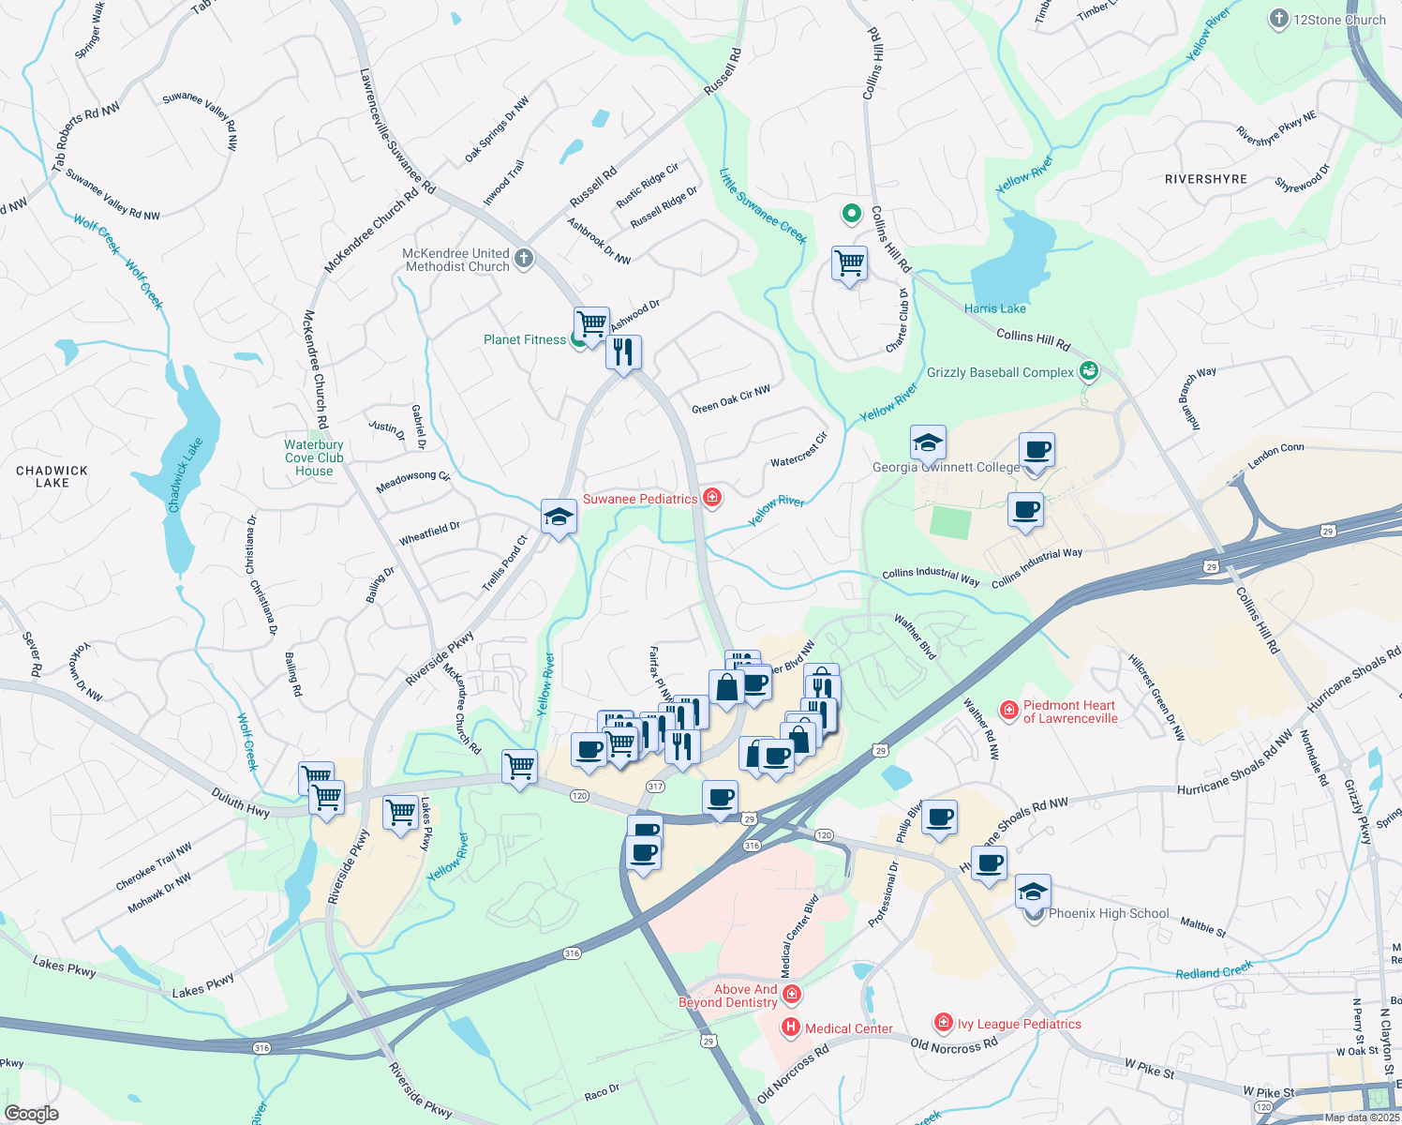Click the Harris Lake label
click(x=994, y=308)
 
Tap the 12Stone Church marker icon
click(x=1278, y=20)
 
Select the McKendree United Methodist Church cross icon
click(x=524, y=259)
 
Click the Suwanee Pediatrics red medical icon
click(x=712, y=498)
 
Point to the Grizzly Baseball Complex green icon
click(x=1088, y=372)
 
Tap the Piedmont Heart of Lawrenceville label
click(x=1069, y=712)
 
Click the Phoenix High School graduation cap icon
click(x=1033, y=892)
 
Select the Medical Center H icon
click(x=791, y=1028)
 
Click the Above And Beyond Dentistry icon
click(x=792, y=994)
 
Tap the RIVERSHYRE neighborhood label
click(x=1205, y=179)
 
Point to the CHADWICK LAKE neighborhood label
click(x=52, y=476)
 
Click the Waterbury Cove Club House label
click(x=314, y=457)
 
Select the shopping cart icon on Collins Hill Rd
click(x=849, y=264)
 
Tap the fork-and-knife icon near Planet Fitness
click(x=623, y=352)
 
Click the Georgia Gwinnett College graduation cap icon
click(x=928, y=442)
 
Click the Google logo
click(x=31, y=1113)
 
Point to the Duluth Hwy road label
click(x=241, y=803)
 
